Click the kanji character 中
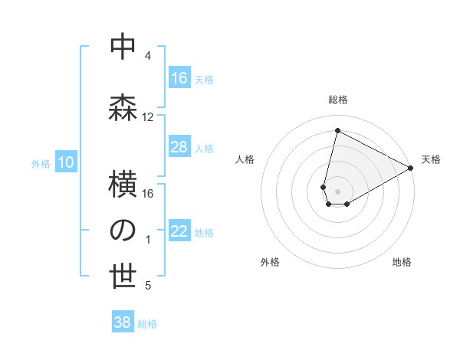tap(123, 47)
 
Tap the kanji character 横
tap(123, 184)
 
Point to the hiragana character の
tap(123, 230)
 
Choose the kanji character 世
tap(123, 277)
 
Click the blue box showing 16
tap(179, 78)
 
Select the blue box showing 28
tap(179, 147)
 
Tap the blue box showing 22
tap(179, 231)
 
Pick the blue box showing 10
tap(66, 162)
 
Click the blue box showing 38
tap(123, 322)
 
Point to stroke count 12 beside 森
tap(148, 117)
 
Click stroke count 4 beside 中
tap(148, 57)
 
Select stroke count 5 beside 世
tap(148, 286)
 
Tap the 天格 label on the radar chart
tap(431, 159)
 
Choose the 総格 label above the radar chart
tap(337, 100)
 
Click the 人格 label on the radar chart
tap(245, 159)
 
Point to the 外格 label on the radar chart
tap(270, 262)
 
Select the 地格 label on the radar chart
tap(402, 262)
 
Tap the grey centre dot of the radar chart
tap(337, 189)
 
